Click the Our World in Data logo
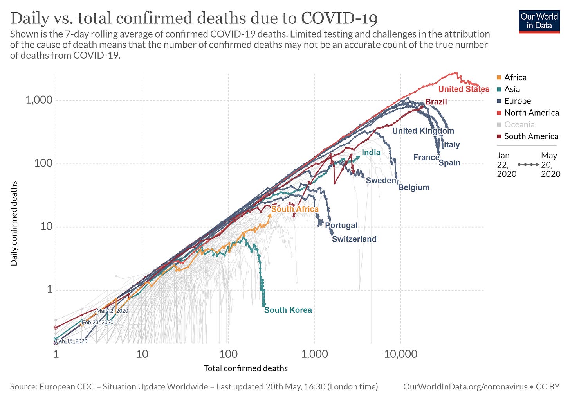coord(539,21)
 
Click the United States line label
coord(464,89)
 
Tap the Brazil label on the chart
coord(436,102)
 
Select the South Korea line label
coord(288,310)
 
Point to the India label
coord(371,153)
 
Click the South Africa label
coord(295,209)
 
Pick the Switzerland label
coord(354,239)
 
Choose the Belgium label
coord(414,187)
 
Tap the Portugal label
coord(341,225)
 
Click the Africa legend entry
coord(515,77)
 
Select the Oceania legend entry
coord(519,124)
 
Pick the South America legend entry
coord(531,136)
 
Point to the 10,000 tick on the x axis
coord(400,354)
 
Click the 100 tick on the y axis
coord(43,163)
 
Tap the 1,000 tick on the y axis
coord(39,100)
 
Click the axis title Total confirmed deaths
coord(245,368)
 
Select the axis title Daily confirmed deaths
coord(14,223)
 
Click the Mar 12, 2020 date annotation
coord(112,311)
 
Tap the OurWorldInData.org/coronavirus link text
coord(465,387)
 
